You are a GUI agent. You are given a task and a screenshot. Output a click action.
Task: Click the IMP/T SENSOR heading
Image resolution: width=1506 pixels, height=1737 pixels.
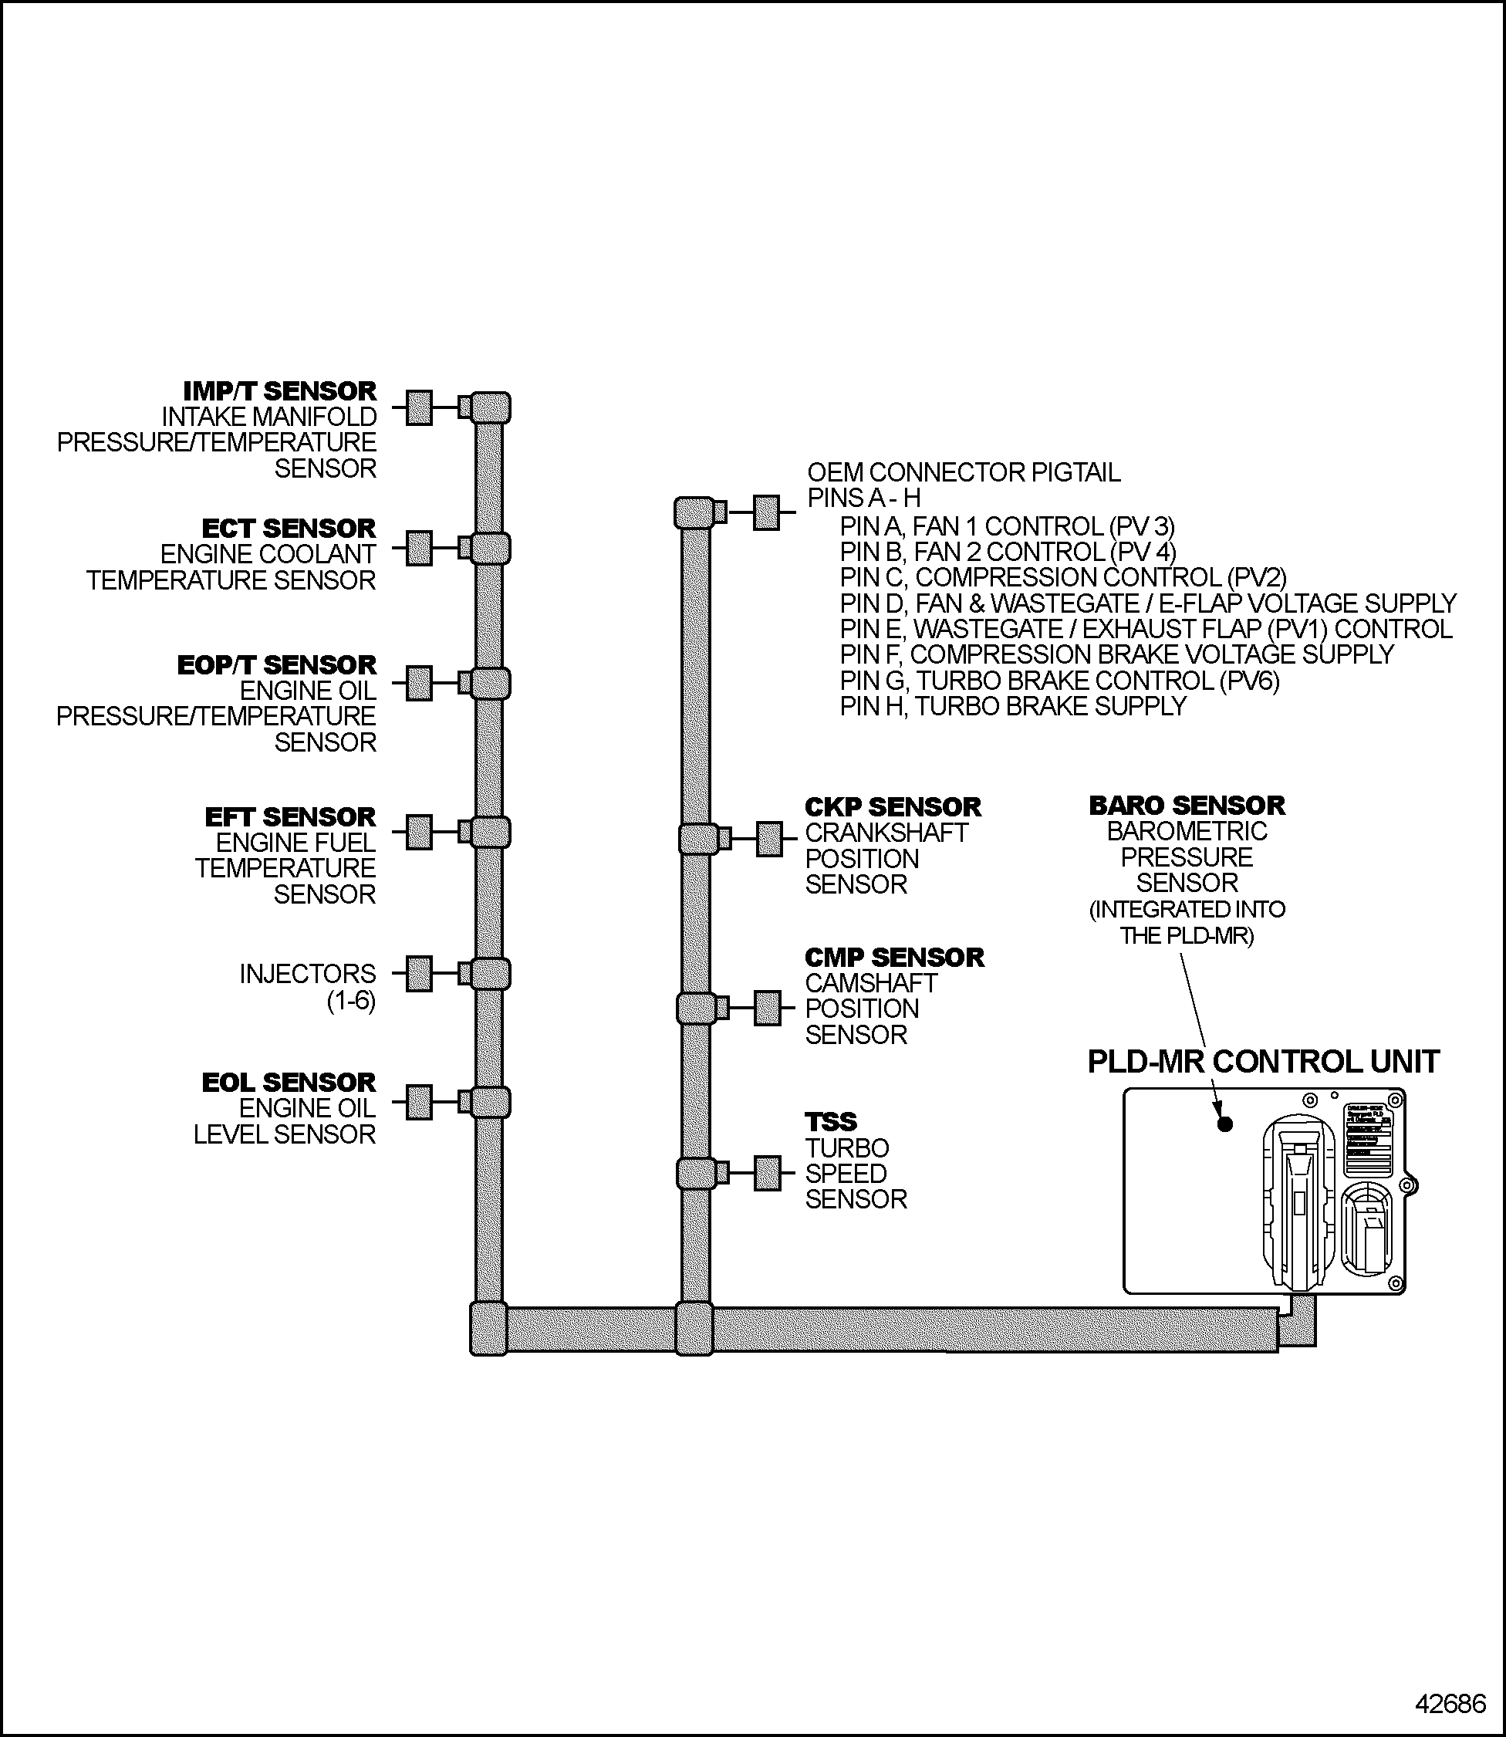click(x=280, y=391)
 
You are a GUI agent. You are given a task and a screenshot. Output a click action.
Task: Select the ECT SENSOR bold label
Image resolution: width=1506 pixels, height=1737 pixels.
click(x=289, y=529)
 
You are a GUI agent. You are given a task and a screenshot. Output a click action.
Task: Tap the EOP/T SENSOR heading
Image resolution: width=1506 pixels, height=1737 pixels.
click(x=277, y=666)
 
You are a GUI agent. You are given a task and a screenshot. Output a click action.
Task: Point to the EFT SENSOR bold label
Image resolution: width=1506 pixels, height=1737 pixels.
click(x=291, y=817)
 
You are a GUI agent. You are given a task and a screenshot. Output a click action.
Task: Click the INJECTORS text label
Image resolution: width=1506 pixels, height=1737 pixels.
click(x=308, y=974)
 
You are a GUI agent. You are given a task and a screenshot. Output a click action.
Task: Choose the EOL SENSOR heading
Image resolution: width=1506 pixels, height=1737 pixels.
click(x=289, y=1083)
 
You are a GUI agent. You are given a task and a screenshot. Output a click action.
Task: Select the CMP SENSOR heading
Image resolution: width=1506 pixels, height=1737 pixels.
click(x=894, y=958)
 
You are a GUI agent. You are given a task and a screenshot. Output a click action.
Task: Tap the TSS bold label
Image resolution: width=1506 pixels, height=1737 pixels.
click(x=831, y=1122)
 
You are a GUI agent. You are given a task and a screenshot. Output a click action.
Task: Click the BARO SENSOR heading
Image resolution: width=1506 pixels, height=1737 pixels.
click(x=1187, y=806)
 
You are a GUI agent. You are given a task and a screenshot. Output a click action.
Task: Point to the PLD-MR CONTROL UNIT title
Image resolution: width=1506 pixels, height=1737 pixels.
click(x=1263, y=1063)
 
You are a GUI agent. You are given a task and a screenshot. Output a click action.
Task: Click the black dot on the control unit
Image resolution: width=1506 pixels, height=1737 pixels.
click(x=1224, y=1124)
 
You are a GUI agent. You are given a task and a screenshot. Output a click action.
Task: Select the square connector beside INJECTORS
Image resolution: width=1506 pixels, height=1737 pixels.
click(x=418, y=974)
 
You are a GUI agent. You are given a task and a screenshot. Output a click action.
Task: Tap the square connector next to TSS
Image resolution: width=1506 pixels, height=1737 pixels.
click(x=768, y=1173)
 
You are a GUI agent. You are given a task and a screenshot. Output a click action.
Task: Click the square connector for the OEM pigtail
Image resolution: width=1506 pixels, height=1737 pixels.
click(x=765, y=512)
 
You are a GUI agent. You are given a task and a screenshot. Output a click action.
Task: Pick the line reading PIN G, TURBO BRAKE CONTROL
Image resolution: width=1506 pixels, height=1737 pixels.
click(x=1059, y=681)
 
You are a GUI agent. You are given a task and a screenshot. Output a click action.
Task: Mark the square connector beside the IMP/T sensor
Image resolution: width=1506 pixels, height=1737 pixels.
click(x=418, y=407)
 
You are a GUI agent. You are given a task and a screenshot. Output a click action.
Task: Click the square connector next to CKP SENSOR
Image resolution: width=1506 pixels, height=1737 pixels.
click(x=769, y=839)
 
